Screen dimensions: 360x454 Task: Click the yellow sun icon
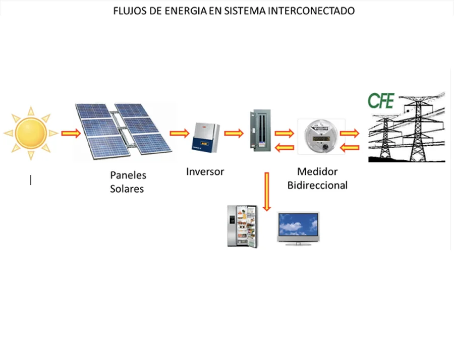(x=31, y=133)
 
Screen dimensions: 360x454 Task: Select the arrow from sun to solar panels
(x=71, y=134)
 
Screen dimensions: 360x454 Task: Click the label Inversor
(x=205, y=171)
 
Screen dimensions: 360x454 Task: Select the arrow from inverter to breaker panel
(x=234, y=134)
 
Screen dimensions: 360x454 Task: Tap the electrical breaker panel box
(x=260, y=131)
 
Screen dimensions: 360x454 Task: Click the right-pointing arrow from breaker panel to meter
(x=285, y=134)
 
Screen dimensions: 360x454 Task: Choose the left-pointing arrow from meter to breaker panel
(x=285, y=147)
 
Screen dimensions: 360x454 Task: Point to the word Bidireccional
(x=317, y=185)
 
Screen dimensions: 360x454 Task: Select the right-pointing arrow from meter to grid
(x=350, y=134)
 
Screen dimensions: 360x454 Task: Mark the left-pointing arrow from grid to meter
(x=350, y=147)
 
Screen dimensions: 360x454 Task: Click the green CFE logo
(x=381, y=100)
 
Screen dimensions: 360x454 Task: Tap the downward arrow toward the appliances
(x=267, y=192)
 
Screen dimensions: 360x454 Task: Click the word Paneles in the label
(x=128, y=175)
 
